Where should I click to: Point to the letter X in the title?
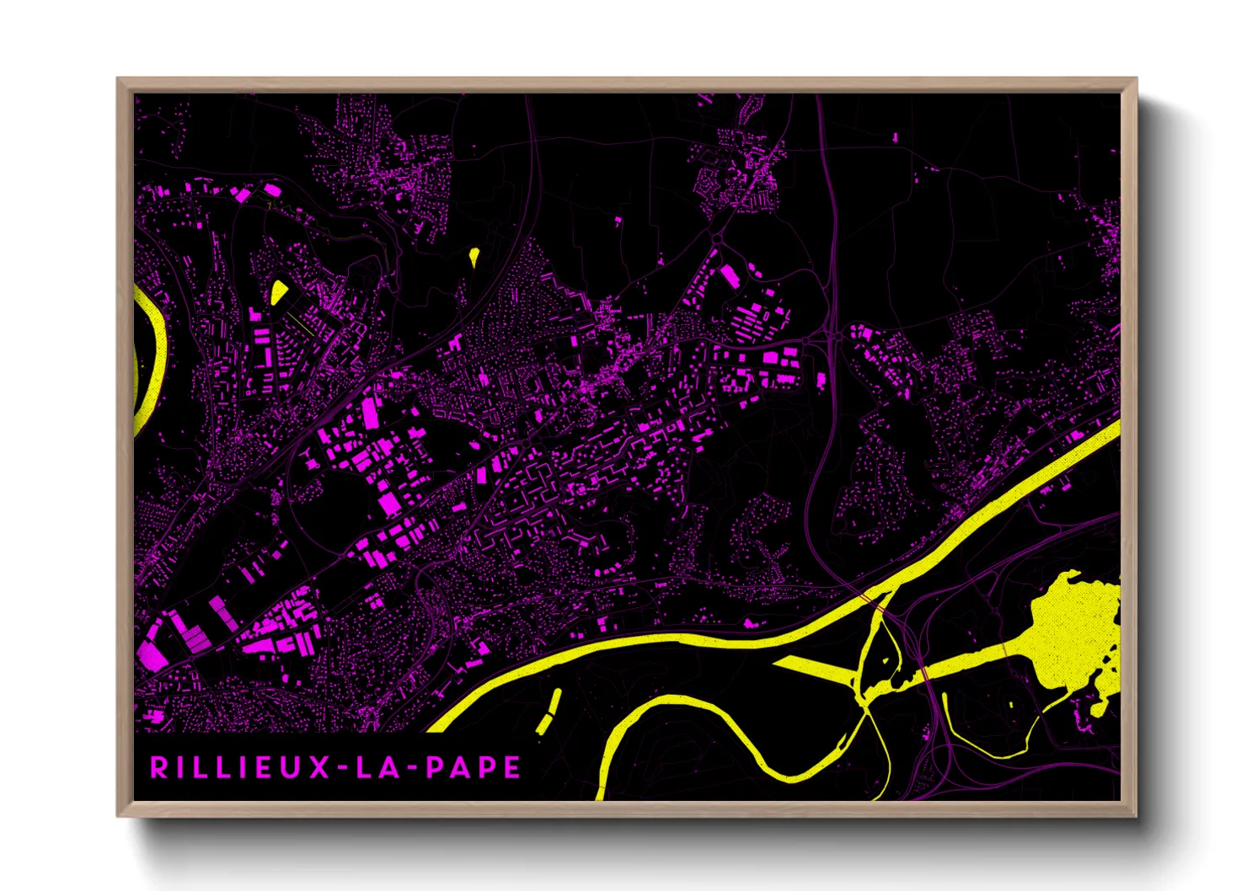[319, 767]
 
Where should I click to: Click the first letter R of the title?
[158, 767]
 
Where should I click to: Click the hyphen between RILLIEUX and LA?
[343, 768]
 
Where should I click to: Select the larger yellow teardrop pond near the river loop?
[278, 291]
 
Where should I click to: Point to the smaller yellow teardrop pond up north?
[474, 255]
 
